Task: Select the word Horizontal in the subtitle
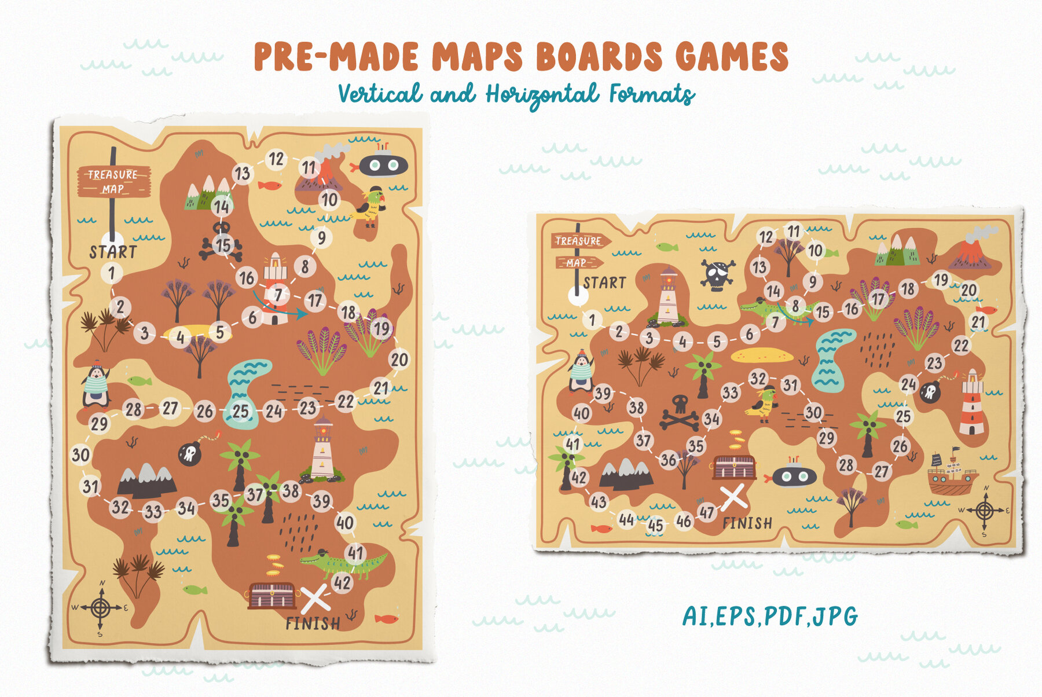pos(542,94)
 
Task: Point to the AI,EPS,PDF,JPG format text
pos(770,616)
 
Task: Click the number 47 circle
pos(706,512)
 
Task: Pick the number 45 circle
pos(655,525)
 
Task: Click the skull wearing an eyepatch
pos(717,274)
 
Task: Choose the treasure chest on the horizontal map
pos(734,467)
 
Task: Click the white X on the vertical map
pos(315,599)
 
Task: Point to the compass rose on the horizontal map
pos(985,511)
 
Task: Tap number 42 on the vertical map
pos(342,582)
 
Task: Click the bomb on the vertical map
pos(190,453)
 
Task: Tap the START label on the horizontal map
pos(604,283)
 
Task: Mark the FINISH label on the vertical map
pos(313,623)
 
